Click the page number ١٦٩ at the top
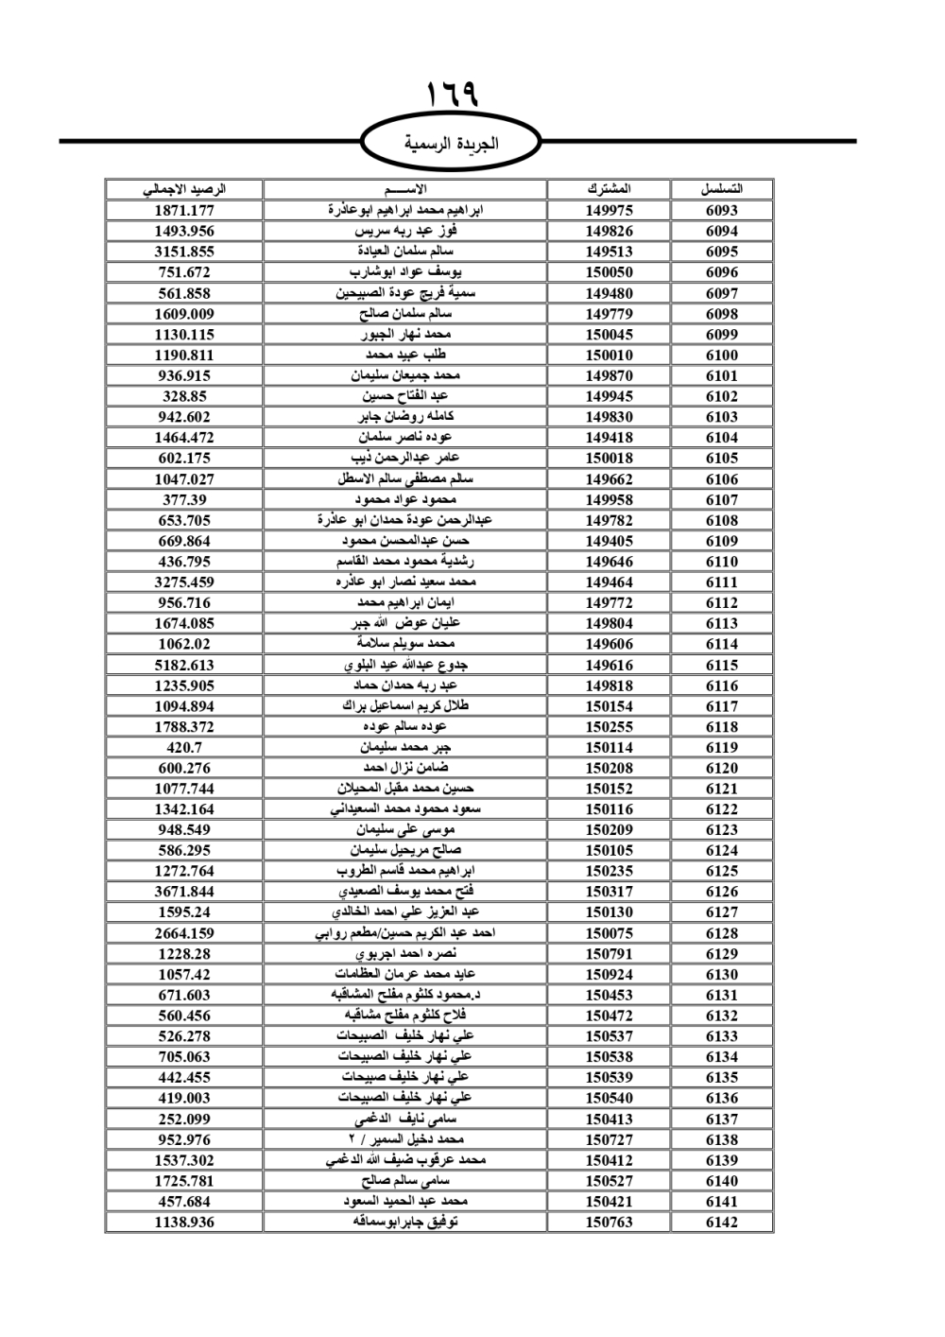[x=452, y=95]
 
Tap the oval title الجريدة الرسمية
[x=451, y=144]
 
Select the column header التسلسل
[x=722, y=189]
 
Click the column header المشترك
[x=609, y=189]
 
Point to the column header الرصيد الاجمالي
[x=184, y=189]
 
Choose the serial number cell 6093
[x=722, y=210]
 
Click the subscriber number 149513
[x=609, y=252]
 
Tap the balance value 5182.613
[x=184, y=665]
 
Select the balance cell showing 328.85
[x=184, y=396]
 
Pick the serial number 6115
[x=722, y=665]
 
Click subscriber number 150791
[x=609, y=954]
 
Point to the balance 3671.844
[x=184, y=892]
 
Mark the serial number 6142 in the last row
[x=722, y=1222]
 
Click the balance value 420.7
[x=184, y=747]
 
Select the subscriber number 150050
[x=609, y=272]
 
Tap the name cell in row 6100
[x=405, y=355]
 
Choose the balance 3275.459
[x=184, y=582]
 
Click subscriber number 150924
[x=609, y=975]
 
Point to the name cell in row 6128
[x=405, y=933]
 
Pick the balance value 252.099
[x=184, y=1119]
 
